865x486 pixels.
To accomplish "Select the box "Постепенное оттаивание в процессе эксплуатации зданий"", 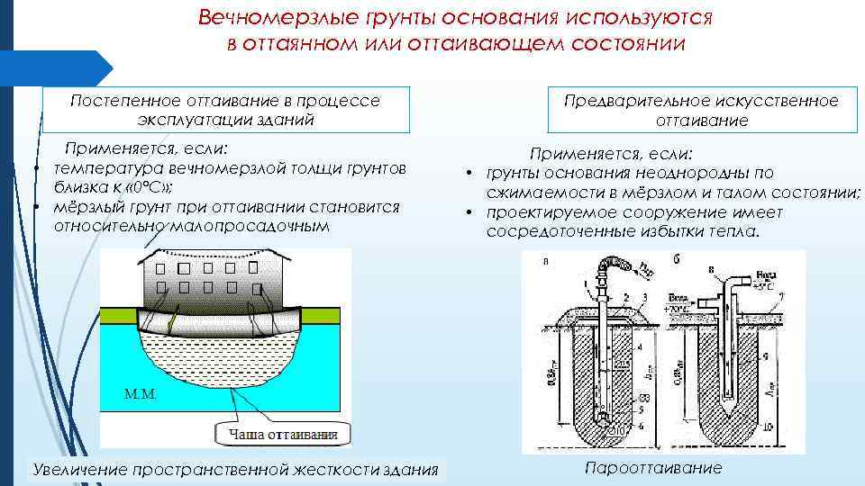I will pos(225,110).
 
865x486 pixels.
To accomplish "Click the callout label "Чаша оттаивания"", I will pos(276,435).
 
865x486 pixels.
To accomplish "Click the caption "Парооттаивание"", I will pos(652,468).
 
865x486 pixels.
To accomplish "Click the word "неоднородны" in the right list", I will pos(656,172).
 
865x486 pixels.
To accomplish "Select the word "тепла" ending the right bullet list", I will pos(736,231).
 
